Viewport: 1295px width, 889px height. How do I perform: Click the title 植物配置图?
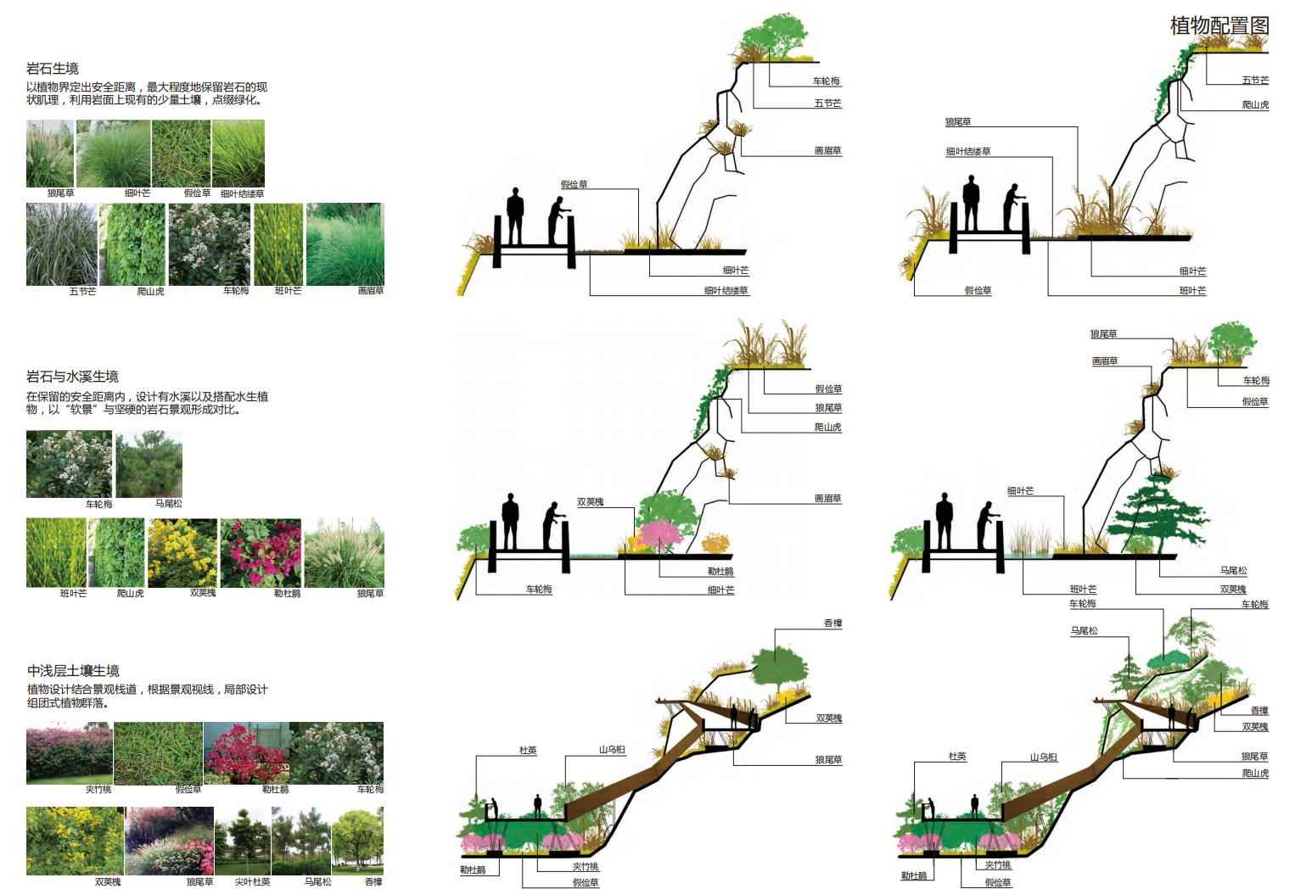pyautogui.click(x=1219, y=25)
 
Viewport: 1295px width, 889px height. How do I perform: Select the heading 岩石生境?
pyautogui.click(x=53, y=69)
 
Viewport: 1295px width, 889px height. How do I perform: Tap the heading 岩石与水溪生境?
pyautogui.click(x=72, y=377)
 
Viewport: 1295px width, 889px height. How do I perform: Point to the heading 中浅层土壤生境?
pyautogui.click(x=72, y=671)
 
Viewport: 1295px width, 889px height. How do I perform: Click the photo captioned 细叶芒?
pyautogui.click(x=114, y=153)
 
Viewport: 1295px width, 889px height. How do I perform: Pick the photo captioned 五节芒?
pyautogui.click(x=60, y=244)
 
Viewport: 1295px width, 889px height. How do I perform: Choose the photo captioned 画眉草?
pyautogui.click(x=345, y=244)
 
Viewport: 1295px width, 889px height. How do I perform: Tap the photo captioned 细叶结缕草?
pyautogui.click(x=238, y=153)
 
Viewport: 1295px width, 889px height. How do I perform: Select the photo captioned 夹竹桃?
pyautogui.click(x=69, y=752)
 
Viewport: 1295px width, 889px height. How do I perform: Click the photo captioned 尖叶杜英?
pyautogui.click(x=241, y=840)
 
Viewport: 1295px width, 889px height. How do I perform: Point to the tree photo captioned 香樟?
pyautogui.click(x=357, y=840)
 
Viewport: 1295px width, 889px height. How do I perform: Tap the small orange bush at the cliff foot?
pyautogui.click(x=715, y=543)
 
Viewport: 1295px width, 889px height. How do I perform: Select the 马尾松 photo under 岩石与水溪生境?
pyautogui.click(x=149, y=464)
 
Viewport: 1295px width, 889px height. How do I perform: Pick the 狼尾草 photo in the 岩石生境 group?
pyautogui.click(x=50, y=153)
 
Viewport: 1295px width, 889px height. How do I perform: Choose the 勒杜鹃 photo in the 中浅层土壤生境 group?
pyautogui.click(x=246, y=752)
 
